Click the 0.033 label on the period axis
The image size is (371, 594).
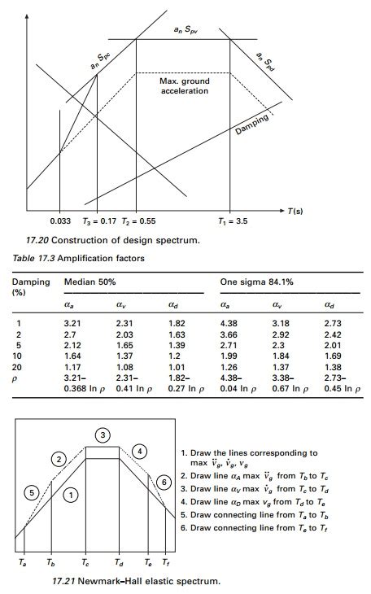click(x=60, y=221)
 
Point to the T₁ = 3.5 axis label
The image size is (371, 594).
click(x=234, y=221)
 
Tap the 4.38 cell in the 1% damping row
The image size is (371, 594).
click(x=229, y=323)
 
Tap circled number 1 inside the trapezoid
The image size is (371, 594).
click(x=72, y=494)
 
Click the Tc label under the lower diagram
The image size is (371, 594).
click(x=85, y=562)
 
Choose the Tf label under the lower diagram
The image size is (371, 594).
click(x=167, y=562)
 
